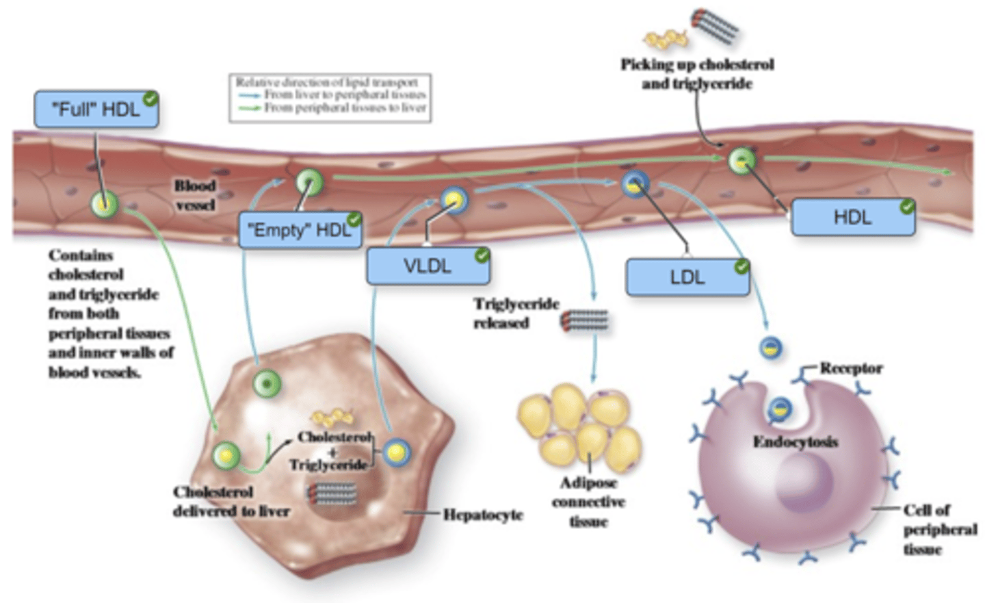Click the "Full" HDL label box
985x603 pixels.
(96, 110)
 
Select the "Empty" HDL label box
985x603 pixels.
(300, 230)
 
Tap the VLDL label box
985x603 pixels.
(428, 266)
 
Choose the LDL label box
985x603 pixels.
(687, 277)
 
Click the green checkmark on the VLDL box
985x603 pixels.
(482, 256)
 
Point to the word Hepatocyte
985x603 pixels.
(483, 515)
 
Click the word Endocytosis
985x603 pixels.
(795, 441)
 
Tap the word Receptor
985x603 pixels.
(851, 368)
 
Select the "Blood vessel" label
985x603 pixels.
(195, 195)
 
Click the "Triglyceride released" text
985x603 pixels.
(516, 313)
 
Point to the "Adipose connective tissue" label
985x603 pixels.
(588, 502)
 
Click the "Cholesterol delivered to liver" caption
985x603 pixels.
(231, 502)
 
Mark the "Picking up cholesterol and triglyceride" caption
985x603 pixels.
(697, 74)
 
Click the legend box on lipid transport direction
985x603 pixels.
(330, 98)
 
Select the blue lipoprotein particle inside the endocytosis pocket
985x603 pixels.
(780, 409)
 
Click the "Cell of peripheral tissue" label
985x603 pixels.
(939, 529)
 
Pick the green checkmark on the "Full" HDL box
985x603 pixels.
(150, 99)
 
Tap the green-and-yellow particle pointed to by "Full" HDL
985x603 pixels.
(104, 203)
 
